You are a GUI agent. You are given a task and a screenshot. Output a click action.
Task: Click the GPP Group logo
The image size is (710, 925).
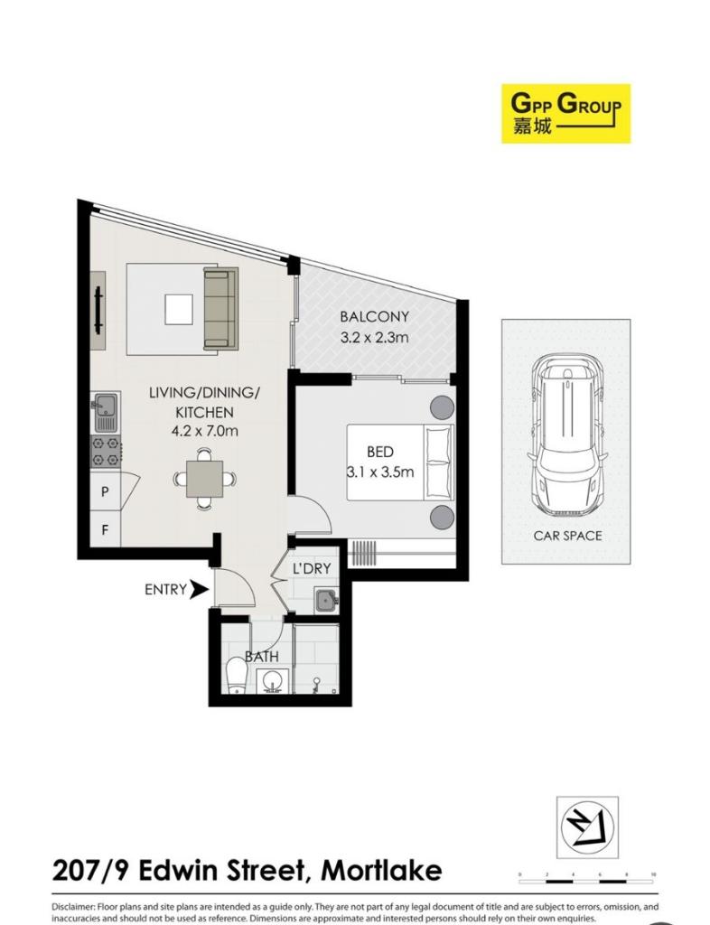pyautogui.click(x=565, y=113)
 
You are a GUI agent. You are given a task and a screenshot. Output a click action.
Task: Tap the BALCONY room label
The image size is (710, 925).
pyautogui.click(x=374, y=317)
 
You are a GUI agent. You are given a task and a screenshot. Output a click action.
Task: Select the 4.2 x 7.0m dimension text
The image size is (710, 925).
pyautogui.click(x=204, y=431)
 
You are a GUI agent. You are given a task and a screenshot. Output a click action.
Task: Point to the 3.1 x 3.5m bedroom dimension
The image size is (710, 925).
pyautogui.click(x=379, y=472)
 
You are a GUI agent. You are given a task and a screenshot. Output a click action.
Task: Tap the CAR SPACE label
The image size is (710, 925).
pyautogui.click(x=567, y=536)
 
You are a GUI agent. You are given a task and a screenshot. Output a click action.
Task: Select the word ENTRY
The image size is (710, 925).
pyautogui.click(x=164, y=590)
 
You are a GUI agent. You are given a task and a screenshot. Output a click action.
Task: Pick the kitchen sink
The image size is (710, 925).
pyautogui.click(x=105, y=412)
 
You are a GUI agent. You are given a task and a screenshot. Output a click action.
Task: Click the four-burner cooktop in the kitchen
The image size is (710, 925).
pyautogui.click(x=105, y=452)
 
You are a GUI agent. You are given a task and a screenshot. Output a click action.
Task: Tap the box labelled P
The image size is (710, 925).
pyautogui.click(x=105, y=492)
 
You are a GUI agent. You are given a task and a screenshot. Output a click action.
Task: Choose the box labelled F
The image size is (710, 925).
pyautogui.click(x=105, y=529)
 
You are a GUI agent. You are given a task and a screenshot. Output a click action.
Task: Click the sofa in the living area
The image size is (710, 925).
pyautogui.click(x=220, y=308)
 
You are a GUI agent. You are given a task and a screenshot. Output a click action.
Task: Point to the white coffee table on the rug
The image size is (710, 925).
pyautogui.click(x=178, y=310)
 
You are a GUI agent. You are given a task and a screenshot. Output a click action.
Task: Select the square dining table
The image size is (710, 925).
pyautogui.click(x=204, y=479)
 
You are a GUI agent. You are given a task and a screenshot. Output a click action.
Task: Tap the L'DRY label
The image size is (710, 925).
pyautogui.click(x=312, y=568)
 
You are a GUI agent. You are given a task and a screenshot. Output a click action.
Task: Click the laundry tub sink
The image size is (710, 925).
pyautogui.click(x=325, y=598)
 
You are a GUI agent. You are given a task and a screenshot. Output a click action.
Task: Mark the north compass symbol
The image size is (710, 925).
pyautogui.click(x=587, y=826)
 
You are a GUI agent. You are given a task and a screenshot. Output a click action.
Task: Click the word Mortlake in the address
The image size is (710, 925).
pyautogui.click(x=382, y=871)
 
